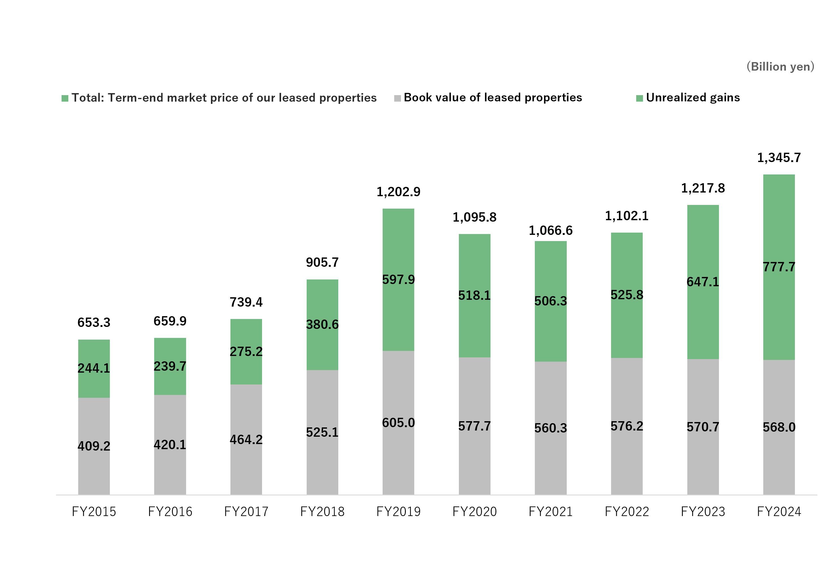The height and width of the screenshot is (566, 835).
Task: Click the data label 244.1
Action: click(94, 368)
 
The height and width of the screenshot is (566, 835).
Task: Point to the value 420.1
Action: click(170, 445)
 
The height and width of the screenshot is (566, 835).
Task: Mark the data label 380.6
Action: click(322, 325)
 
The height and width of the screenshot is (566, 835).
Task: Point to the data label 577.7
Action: click(474, 426)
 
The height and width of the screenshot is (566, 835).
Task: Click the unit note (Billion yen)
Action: click(781, 67)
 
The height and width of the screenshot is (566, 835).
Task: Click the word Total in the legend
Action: click(88, 98)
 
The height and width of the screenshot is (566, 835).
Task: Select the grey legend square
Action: click(397, 99)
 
